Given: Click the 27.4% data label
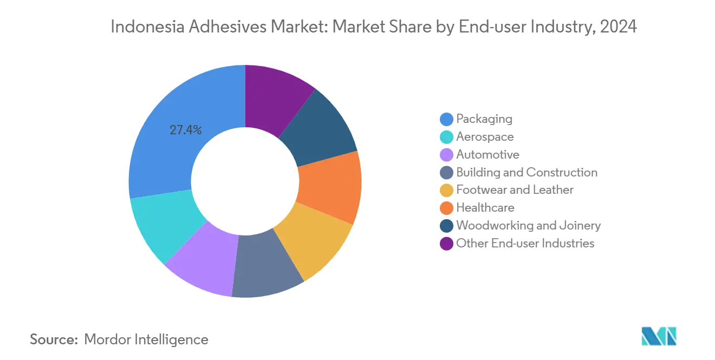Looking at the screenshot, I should pos(186,130).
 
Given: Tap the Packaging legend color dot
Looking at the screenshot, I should pos(446,119).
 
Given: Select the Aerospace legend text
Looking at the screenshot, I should pos(485,137).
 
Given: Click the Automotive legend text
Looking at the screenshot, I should pos(487,155).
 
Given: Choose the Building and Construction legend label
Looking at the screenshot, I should pos(526,173).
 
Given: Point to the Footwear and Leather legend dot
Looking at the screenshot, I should pos(446,191).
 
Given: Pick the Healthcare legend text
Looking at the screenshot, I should pos(485,208).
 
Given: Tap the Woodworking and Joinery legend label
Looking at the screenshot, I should pos(528,226).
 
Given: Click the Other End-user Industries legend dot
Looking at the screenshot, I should pos(446,244).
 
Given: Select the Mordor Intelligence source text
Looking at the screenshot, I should pos(146,339).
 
